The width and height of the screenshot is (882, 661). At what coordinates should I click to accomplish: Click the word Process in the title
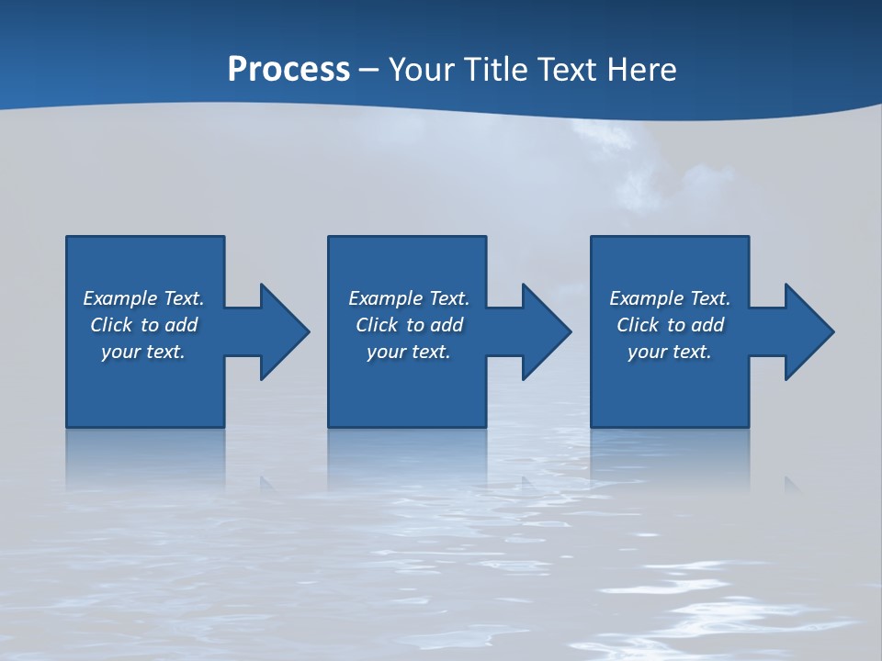(288, 70)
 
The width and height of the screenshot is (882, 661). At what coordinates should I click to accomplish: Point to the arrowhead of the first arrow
(285, 331)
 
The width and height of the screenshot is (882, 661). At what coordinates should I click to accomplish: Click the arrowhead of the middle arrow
(547, 331)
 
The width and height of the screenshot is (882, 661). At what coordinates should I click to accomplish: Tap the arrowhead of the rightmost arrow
(809, 331)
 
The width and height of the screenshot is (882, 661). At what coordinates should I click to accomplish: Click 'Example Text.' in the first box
(143, 298)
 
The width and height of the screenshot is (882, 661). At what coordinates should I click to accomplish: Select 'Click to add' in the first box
(143, 325)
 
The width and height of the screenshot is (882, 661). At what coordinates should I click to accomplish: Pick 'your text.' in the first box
(143, 352)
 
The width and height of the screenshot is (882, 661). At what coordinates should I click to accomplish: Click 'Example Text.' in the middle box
(409, 298)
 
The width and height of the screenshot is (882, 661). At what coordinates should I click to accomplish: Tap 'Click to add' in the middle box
(409, 325)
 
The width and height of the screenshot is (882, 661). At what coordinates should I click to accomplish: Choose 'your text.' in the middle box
(409, 352)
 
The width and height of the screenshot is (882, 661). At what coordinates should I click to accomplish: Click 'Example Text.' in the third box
(670, 298)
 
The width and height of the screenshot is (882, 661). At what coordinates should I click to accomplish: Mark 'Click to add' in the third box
(670, 325)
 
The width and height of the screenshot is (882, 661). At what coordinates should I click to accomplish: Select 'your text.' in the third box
(670, 352)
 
